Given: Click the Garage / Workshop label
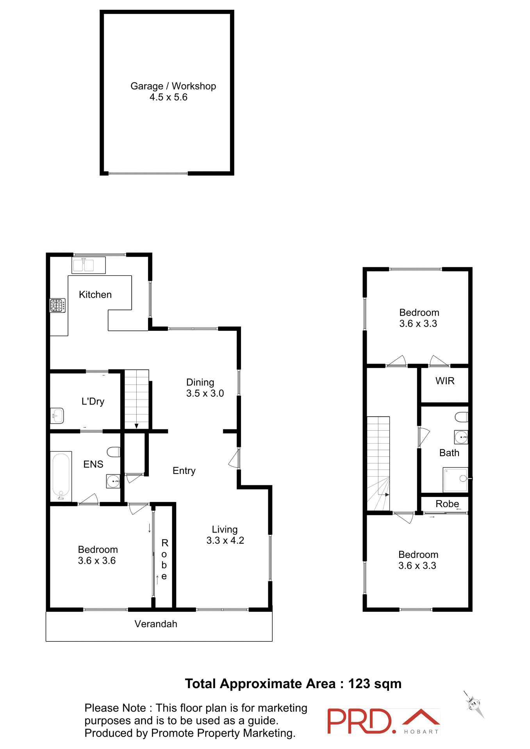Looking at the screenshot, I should (x=173, y=86).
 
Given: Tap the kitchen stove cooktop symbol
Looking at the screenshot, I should (x=57, y=305).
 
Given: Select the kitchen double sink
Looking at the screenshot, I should (x=89, y=265).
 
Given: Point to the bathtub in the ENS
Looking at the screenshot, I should (x=61, y=476).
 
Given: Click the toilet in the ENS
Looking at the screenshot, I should (x=114, y=452).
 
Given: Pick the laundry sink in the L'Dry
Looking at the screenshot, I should (x=57, y=416).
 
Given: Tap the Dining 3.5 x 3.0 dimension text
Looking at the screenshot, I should (x=205, y=394).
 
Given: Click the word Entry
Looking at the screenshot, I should (x=184, y=471).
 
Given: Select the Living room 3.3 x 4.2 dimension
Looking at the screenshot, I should (x=225, y=541).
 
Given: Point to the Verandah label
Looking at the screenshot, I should (x=156, y=624).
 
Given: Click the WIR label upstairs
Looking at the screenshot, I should (x=445, y=381).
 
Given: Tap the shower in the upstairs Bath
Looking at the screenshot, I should (x=455, y=479).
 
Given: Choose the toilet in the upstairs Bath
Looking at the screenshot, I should (x=462, y=417).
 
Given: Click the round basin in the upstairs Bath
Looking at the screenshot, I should (x=461, y=437).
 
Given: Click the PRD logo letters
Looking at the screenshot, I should (x=359, y=721).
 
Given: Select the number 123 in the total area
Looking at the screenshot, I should (x=359, y=684).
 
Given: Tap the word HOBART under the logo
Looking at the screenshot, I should (x=421, y=732).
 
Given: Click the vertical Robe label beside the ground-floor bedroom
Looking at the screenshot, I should (x=164, y=559).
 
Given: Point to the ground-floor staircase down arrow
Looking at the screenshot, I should (x=136, y=425).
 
